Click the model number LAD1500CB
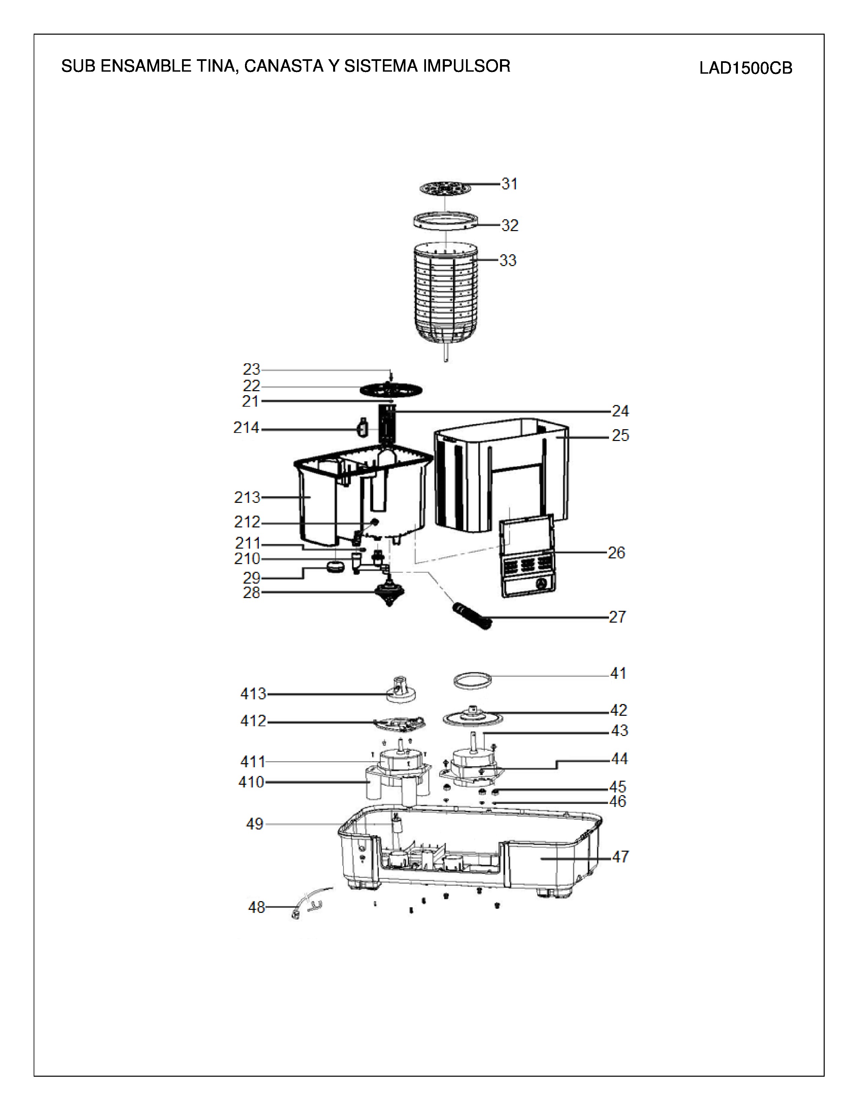pyautogui.click(x=746, y=68)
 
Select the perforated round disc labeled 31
pyautogui.click(x=445, y=188)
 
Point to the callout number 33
pyautogui.click(x=508, y=260)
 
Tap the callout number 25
pyautogui.click(x=620, y=436)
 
